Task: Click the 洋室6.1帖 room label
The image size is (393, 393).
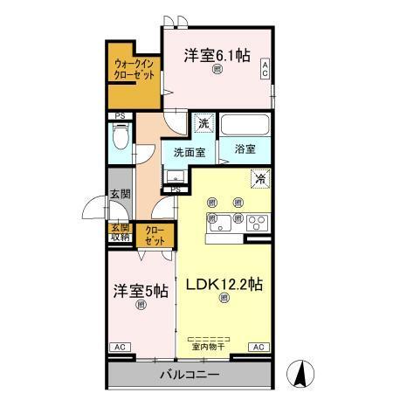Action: pyautogui.click(x=217, y=55)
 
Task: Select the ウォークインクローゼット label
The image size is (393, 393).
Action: pyautogui.click(x=134, y=69)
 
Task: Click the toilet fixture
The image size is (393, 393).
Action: pyautogui.click(x=121, y=136)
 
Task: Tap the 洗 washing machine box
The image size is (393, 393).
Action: pyautogui.click(x=203, y=125)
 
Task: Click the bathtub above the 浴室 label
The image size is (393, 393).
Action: pyautogui.click(x=245, y=125)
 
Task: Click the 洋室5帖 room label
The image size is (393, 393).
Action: pyautogui.click(x=141, y=292)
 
